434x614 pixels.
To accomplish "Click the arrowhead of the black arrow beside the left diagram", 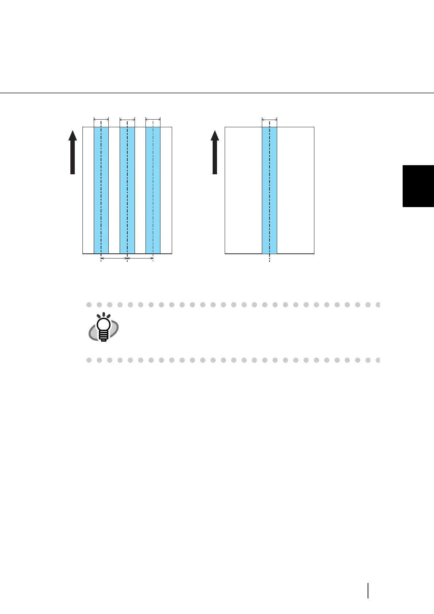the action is pyautogui.click(x=73, y=136).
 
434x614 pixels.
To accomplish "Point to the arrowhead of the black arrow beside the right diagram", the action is pyautogui.click(x=215, y=136).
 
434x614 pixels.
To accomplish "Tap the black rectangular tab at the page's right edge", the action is pyautogui.click(x=418, y=186).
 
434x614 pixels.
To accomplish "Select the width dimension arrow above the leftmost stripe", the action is pyautogui.click(x=101, y=119).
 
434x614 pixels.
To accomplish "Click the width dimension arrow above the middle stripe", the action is pyautogui.click(x=127, y=119).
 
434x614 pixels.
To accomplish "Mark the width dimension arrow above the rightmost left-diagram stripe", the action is pyautogui.click(x=153, y=119).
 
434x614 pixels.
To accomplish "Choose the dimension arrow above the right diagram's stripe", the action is pyautogui.click(x=270, y=119).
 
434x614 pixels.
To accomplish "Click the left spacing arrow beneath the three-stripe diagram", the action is pyautogui.click(x=114, y=259).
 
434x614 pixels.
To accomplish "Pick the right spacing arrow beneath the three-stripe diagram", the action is pyautogui.click(x=140, y=259).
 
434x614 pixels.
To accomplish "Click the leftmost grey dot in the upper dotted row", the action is pyautogui.click(x=89, y=304).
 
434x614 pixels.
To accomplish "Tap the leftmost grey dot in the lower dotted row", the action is pyautogui.click(x=89, y=360).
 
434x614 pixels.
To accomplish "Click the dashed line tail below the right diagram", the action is pyautogui.click(x=270, y=258).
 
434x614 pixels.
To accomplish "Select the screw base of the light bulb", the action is pyautogui.click(x=104, y=338).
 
